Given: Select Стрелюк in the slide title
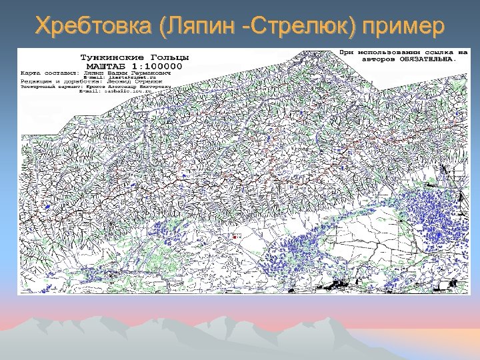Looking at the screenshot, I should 303,27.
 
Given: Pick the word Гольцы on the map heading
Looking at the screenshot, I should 166,58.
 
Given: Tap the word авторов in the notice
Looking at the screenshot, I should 377,58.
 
